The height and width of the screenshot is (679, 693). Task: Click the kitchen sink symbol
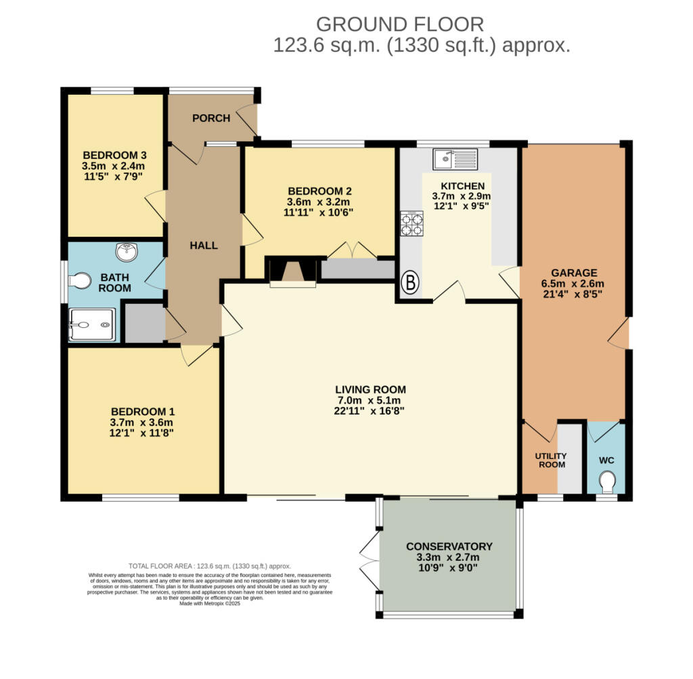point(456,158)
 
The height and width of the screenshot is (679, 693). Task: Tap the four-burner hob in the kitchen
point(412,224)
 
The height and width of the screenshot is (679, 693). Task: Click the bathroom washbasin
point(127,252)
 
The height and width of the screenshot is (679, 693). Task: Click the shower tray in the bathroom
point(92,325)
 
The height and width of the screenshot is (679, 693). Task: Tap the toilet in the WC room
point(607,482)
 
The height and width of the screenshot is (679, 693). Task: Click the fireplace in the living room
point(293,272)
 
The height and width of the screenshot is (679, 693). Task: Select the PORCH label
point(211,118)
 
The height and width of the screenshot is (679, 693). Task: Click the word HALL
point(203,245)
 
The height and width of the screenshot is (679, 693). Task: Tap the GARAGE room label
point(572,273)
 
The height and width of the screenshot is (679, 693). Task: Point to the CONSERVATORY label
point(449,546)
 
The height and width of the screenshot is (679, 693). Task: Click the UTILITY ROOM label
point(552,461)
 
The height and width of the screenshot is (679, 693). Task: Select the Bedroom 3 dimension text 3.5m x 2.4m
point(114,166)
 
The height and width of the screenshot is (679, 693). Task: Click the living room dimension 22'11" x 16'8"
point(370,411)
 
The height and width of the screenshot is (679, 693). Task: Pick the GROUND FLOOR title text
point(400,24)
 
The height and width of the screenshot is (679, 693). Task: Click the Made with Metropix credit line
point(210,603)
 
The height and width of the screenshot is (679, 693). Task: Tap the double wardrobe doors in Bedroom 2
point(352,250)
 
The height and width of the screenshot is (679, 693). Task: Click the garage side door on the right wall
point(619,333)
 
